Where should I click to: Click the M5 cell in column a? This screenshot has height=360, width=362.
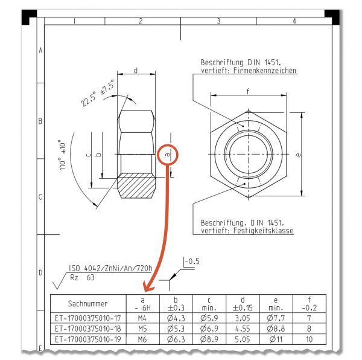coord(142,329)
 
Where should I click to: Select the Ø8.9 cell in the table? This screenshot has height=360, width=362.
coord(209,339)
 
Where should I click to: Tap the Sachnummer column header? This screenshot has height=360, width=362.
coord(87,303)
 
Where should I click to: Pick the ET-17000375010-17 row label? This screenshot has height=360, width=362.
coord(87,318)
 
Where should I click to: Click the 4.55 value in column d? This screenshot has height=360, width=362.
coord(243,329)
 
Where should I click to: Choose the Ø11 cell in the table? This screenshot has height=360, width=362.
coord(276,339)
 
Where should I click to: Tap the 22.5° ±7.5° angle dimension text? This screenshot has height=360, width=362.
coord(97,93)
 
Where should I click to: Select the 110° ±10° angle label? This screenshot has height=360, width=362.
coord(62,155)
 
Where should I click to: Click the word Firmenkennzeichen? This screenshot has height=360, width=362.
coord(265,70)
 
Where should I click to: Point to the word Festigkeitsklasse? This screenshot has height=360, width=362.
coord(264,230)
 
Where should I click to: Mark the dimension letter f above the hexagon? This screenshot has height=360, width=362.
coord(248,91)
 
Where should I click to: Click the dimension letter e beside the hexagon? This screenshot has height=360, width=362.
coord(298,155)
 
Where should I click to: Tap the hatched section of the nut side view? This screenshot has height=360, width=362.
coord(136,185)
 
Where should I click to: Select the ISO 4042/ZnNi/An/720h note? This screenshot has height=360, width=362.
coord(110,268)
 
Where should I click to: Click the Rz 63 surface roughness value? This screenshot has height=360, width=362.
coord(83,277)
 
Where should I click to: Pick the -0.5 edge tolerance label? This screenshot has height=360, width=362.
coord(192,262)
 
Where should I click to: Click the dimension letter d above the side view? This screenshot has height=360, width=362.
coord(136,70)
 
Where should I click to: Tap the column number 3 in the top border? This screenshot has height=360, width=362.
coord(218,21)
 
